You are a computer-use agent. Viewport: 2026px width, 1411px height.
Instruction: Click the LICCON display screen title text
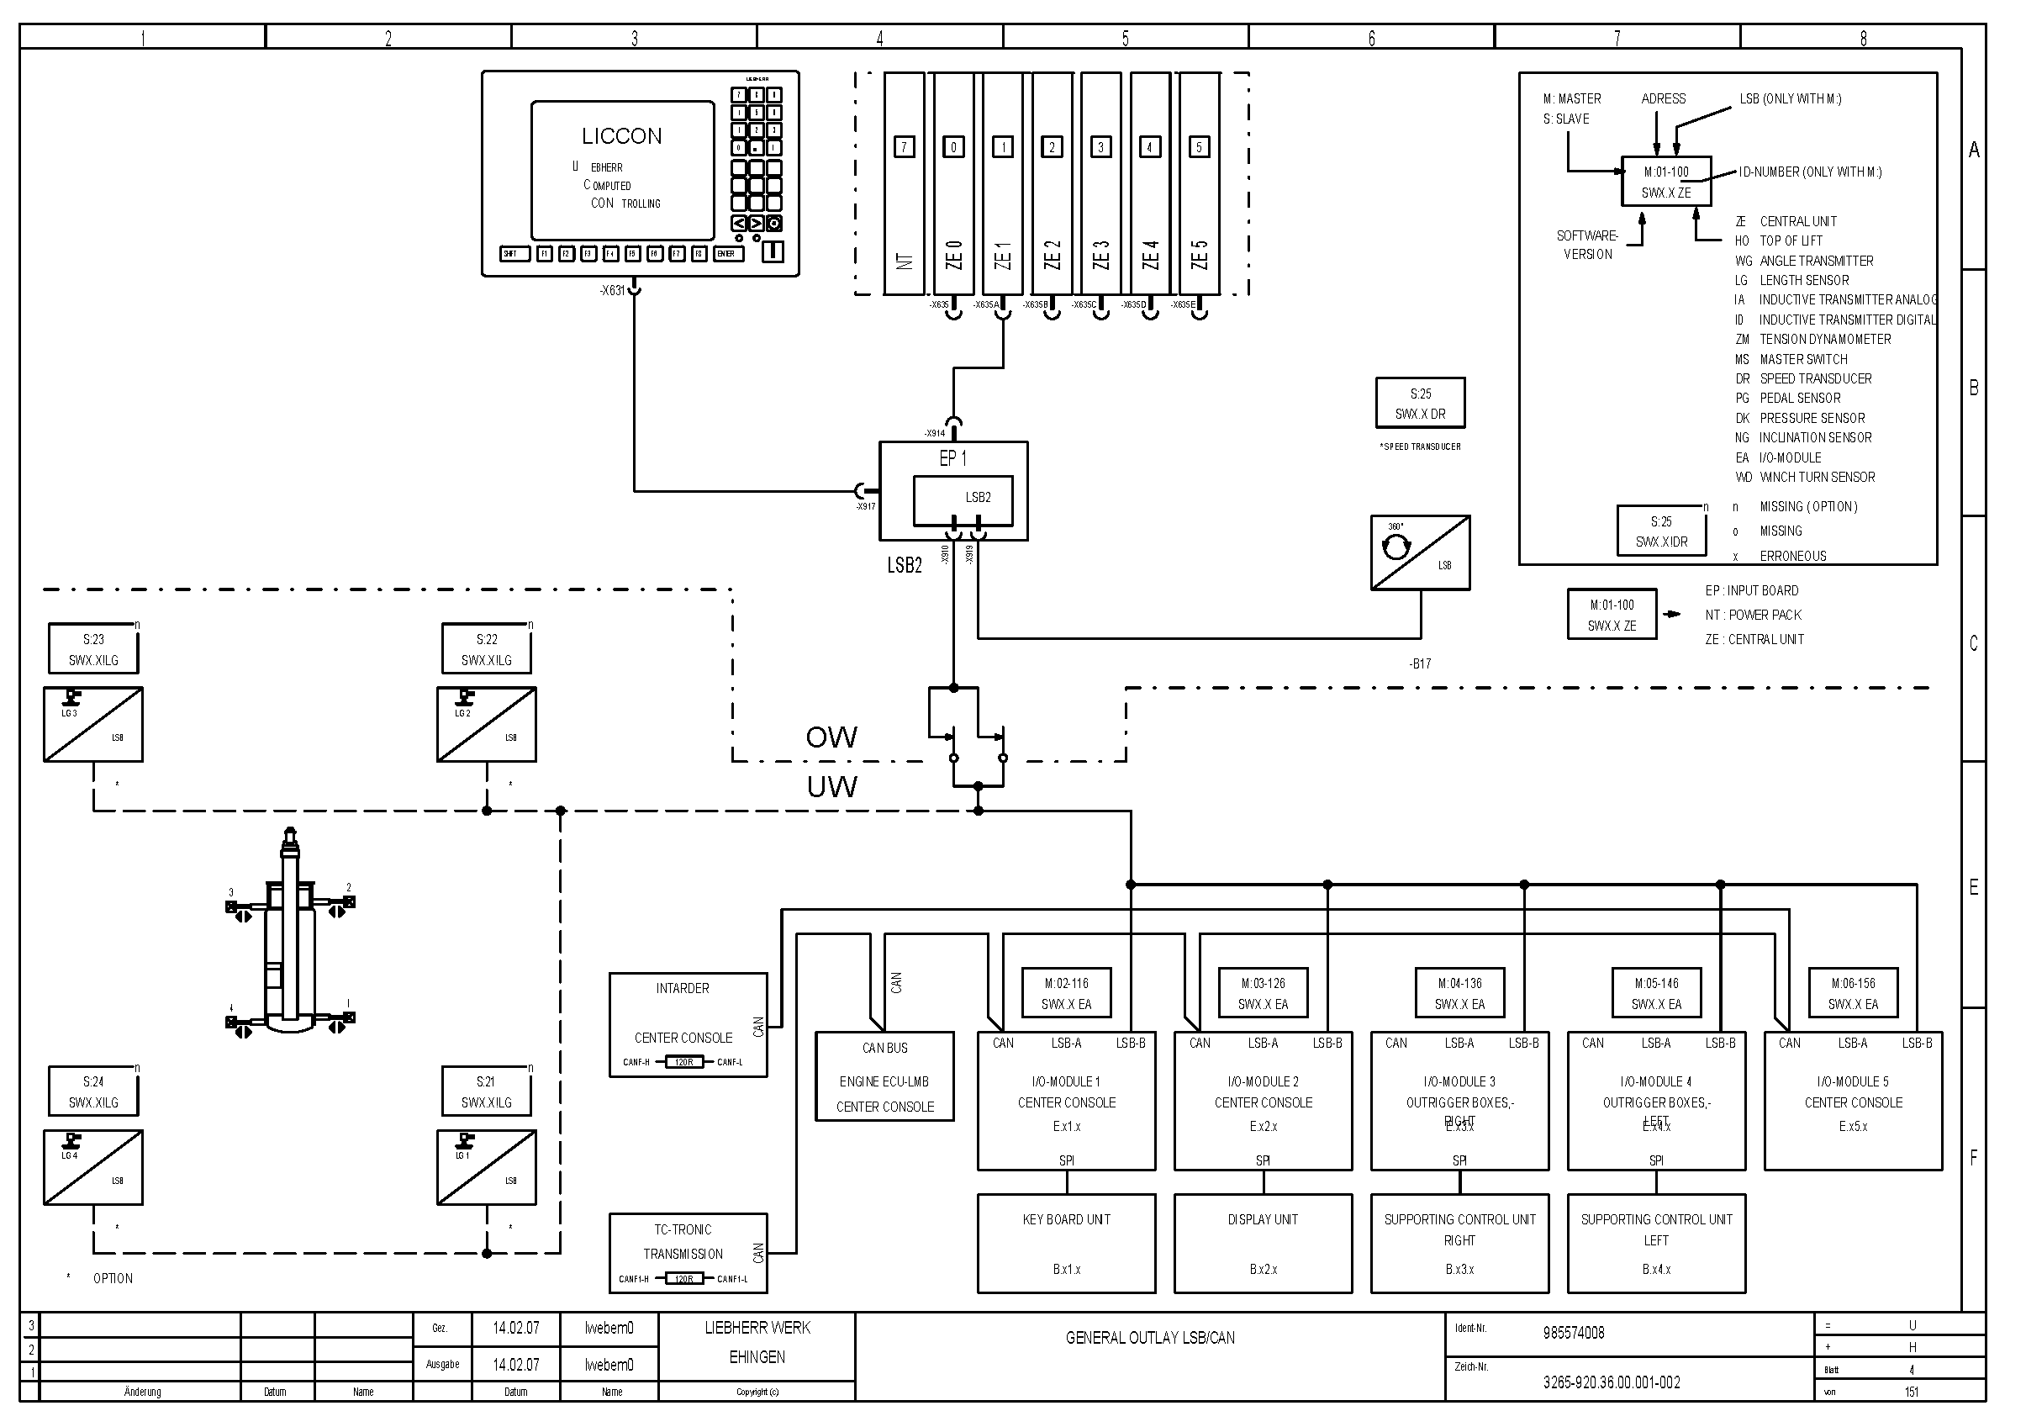pyautogui.click(x=621, y=136)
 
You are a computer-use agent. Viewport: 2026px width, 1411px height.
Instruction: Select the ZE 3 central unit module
pyautogui.click(x=1100, y=183)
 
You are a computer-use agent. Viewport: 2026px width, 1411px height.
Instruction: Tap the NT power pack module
pyautogui.click(x=904, y=183)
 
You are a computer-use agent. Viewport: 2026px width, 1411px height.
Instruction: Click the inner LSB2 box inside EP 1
pyautogui.click(x=963, y=500)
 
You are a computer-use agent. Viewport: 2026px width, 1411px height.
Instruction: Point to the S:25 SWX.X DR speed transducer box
pyautogui.click(x=1420, y=404)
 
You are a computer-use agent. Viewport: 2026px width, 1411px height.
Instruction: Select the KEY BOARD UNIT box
pyautogui.click(x=1066, y=1244)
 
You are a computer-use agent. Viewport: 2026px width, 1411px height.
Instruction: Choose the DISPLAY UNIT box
pyautogui.click(x=1263, y=1244)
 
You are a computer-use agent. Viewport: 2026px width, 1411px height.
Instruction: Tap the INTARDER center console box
pyautogui.click(x=688, y=1024)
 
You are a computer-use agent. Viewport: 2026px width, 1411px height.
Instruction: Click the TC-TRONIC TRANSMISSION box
pyautogui.click(x=688, y=1253)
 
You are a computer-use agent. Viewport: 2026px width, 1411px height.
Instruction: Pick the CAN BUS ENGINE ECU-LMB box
pyautogui.click(x=884, y=1076)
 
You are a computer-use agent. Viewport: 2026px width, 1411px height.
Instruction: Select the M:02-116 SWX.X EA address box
pyautogui.click(x=1066, y=994)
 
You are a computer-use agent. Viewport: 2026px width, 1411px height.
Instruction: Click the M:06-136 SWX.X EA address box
pyautogui.click(x=1853, y=994)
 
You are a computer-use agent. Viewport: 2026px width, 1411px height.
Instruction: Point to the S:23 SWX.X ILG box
pyautogui.click(x=92, y=649)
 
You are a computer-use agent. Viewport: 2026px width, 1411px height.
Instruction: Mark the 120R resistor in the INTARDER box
pyautogui.click(x=683, y=1062)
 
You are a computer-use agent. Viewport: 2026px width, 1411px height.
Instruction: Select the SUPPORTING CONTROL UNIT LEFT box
pyautogui.click(x=1656, y=1244)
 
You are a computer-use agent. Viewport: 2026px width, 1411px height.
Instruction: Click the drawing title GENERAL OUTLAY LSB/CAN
pyautogui.click(x=1150, y=1338)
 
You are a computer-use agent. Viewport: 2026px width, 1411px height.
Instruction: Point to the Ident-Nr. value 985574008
pyautogui.click(x=1574, y=1333)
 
